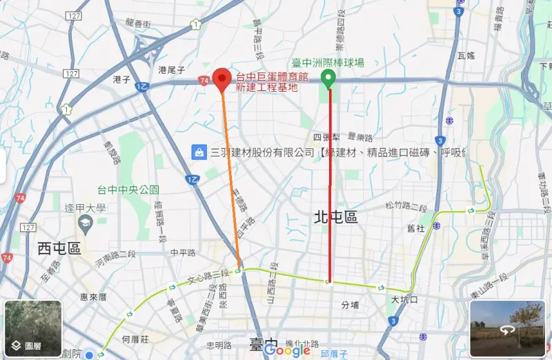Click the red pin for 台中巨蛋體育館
pos(221,79)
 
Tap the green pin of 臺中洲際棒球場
pos(330,79)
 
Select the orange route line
pos(232,179)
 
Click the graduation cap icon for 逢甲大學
pos(86,222)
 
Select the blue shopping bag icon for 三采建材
pos(199,152)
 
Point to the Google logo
pos(287,350)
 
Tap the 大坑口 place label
pos(404,300)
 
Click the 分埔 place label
pos(351,305)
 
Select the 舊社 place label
pos(415,228)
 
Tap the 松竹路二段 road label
pos(406,206)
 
